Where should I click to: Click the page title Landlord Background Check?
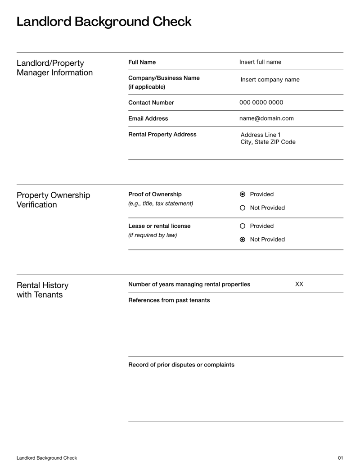point(104,22)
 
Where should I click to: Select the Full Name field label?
point(142,62)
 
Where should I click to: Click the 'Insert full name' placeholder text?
point(260,62)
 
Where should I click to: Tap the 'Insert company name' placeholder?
point(270,80)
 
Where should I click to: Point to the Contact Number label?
point(151,103)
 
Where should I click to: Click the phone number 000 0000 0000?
point(261,103)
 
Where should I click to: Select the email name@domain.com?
point(266,119)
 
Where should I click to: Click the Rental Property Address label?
point(162,135)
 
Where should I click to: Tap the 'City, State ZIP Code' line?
point(268,142)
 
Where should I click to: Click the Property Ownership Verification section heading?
point(53,200)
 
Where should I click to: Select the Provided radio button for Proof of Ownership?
point(243,195)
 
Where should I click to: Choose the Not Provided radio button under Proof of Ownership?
point(243,208)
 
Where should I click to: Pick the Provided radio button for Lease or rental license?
point(243,226)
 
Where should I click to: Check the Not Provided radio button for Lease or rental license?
point(243,240)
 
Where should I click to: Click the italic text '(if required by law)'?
point(153,235)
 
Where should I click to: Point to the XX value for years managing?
point(299,284)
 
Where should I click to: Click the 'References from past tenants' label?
point(169,300)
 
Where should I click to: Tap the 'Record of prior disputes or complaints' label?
point(181,365)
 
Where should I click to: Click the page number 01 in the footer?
point(340,458)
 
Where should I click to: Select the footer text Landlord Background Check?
point(47,458)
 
